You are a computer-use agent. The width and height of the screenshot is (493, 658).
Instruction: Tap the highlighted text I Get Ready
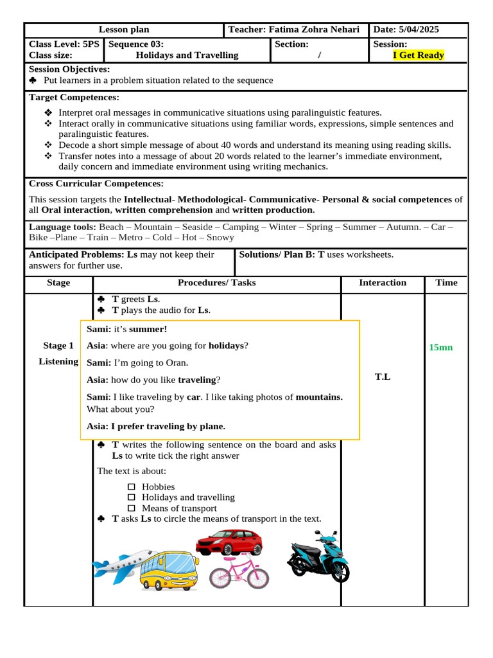419,55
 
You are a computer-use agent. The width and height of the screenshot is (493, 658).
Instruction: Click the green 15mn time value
441,347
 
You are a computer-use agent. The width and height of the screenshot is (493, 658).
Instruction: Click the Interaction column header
383,283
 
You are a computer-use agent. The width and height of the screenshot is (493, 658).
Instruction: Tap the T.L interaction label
383,377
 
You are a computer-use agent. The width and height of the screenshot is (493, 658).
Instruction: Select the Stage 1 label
58,346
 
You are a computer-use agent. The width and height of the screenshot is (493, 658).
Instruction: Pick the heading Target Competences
74,97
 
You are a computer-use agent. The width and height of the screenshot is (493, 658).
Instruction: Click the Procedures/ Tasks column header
216,283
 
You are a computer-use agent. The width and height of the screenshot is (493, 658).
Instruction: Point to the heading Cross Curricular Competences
96,184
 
